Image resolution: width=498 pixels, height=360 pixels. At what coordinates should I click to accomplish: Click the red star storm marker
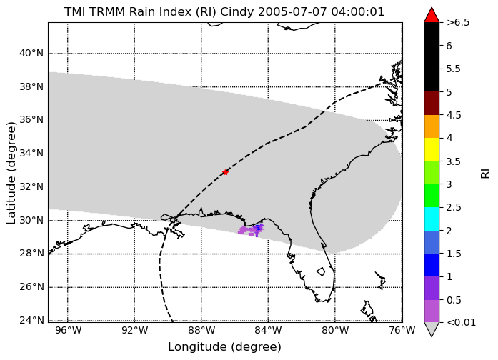click(x=225, y=172)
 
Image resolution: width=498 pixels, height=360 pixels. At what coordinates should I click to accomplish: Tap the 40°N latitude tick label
click(x=31, y=53)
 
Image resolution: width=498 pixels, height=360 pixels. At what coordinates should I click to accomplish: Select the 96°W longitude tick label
click(x=68, y=331)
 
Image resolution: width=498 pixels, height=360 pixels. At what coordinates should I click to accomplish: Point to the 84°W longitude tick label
click(x=268, y=331)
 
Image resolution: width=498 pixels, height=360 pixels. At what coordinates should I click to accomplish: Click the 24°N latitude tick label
click(x=31, y=320)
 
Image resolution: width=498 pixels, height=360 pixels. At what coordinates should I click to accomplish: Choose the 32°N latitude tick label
click(x=31, y=186)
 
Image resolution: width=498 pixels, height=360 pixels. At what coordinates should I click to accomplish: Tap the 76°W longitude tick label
click(x=402, y=331)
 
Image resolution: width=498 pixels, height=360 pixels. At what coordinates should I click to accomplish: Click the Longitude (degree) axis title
click(x=224, y=347)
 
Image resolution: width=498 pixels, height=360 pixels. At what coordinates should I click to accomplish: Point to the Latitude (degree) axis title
click(x=11, y=173)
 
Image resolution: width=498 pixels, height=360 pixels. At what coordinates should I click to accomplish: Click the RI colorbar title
click(x=486, y=174)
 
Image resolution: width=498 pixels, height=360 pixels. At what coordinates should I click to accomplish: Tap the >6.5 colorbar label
click(x=458, y=23)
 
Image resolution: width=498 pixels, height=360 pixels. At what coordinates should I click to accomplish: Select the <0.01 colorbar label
click(x=461, y=323)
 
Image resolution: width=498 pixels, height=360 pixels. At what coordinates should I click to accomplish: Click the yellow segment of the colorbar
click(x=432, y=149)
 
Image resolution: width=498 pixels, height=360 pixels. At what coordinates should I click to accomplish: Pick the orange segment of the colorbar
click(x=432, y=126)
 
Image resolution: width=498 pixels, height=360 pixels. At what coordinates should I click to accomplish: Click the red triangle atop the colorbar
click(x=432, y=15)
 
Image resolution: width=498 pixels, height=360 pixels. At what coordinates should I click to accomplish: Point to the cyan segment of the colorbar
click(x=432, y=219)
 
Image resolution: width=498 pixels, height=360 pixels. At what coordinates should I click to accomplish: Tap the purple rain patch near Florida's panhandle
click(x=251, y=230)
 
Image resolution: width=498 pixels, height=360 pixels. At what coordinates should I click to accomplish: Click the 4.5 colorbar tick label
click(x=454, y=115)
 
